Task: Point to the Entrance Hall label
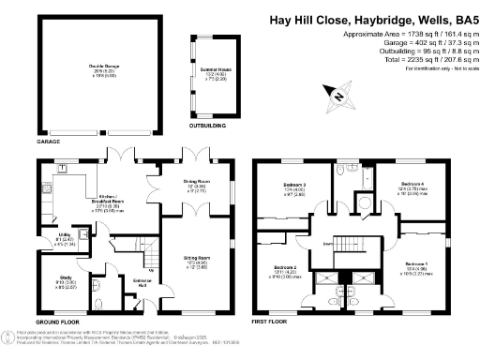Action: [142, 284]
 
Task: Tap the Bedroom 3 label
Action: [295, 185]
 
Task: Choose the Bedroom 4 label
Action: [412, 184]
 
